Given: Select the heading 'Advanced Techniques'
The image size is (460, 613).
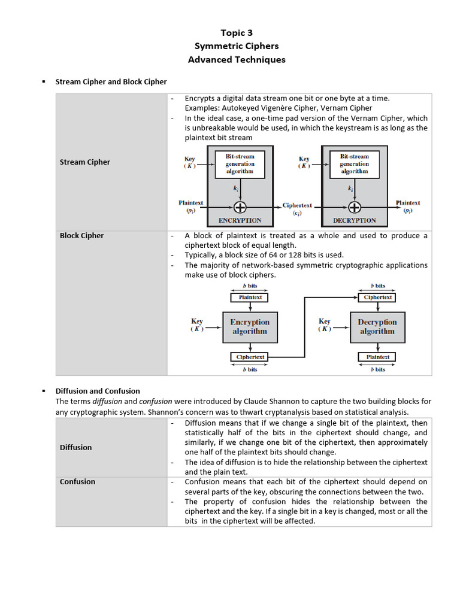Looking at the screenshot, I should [x=237, y=59].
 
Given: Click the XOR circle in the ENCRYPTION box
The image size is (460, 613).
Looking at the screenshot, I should [x=240, y=207].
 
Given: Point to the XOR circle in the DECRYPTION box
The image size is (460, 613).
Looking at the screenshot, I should [x=355, y=207].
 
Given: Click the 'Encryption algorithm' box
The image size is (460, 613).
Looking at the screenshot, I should [x=250, y=327].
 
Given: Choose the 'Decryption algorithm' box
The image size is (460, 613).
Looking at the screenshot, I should [x=377, y=327].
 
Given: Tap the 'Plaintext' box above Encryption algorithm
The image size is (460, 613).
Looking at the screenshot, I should [x=250, y=297].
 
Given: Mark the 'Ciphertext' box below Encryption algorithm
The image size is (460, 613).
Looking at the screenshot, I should [x=250, y=357].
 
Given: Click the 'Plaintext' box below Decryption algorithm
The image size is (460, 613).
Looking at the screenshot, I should [x=377, y=357].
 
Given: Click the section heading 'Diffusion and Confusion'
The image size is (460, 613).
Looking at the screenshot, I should [x=98, y=391].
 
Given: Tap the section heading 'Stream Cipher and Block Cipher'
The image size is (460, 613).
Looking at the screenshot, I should [x=111, y=81].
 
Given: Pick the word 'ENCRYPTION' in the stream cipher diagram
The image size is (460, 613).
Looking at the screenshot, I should [x=240, y=220].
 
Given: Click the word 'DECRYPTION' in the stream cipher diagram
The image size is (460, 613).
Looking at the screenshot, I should [x=354, y=220].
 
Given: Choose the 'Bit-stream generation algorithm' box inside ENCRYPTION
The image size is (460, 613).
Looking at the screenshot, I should [x=240, y=163].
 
